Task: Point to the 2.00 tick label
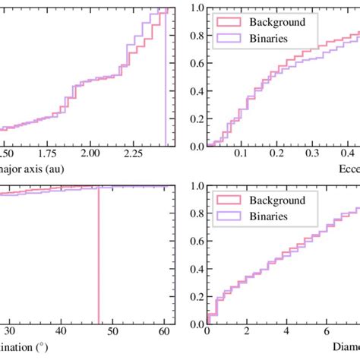pos(90,154)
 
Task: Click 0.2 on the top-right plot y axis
pos(197,118)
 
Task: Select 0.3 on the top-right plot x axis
pos(311,154)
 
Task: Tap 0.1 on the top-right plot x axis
pos(242,154)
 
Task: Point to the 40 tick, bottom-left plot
pos(61,332)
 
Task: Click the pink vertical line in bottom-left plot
pos(99,266)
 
